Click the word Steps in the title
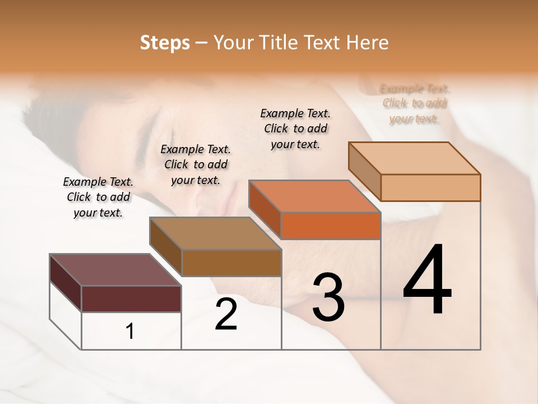coord(165,43)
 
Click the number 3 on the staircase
coord(328,297)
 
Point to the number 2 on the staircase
coord(226,314)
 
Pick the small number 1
coord(130,332)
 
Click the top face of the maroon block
coord(115,270)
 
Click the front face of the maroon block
coord(131,299)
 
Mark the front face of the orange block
coord(331,226)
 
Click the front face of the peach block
coord(430,187)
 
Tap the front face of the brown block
coord(231,263)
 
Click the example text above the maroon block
coord(98,198)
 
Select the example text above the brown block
coord(196,165)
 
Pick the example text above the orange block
coord(295,128)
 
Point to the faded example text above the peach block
coord(414,104)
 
